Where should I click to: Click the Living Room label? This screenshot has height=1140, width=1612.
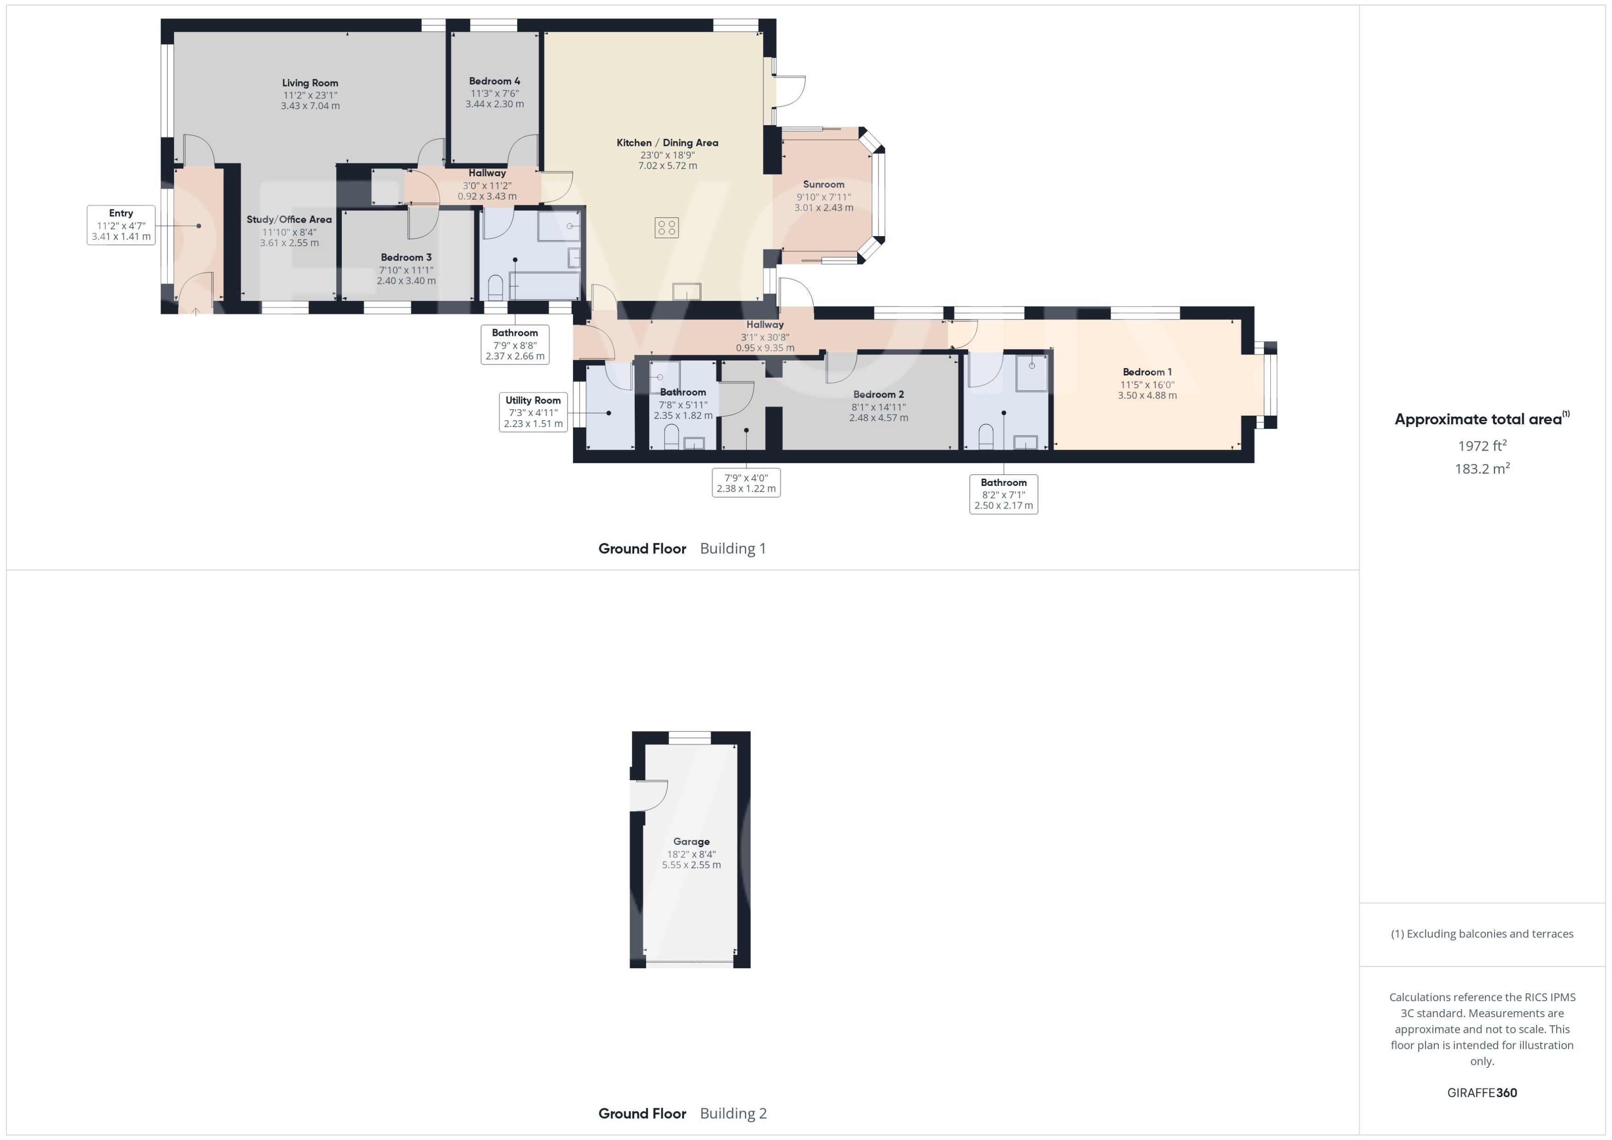[310, 83]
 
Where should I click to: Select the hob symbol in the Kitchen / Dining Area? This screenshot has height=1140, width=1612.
[666, 227]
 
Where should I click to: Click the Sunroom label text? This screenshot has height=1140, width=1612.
[823, 185]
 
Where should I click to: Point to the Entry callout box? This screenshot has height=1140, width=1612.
[121, 225]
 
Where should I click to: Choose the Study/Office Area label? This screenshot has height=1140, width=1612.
[289, 220]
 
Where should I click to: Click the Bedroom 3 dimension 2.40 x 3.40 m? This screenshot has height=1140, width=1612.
[406, 281]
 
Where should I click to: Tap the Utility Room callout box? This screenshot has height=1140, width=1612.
[533, 412]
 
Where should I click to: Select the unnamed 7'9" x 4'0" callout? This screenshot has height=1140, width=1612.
[746, 483]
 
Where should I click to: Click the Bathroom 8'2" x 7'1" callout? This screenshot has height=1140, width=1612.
[1003, 494]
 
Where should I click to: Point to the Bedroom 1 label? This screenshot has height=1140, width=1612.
[1147, 372]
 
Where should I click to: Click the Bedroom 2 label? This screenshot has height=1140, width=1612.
[878, 394]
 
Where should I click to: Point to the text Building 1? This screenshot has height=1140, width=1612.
[733, 548]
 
